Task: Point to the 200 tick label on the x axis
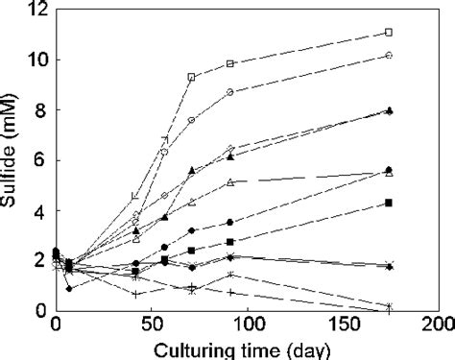coord(438,324)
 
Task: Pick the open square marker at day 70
coord(191,77)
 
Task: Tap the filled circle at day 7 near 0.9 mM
coord(69,288)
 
